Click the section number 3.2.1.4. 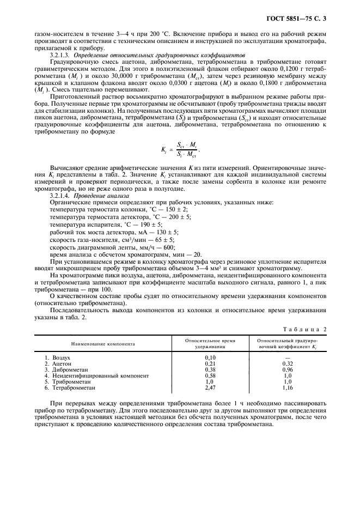60,195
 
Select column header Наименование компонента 102,344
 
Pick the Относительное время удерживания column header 210,344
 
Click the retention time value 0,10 210,357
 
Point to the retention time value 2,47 210,387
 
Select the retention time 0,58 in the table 210,375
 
